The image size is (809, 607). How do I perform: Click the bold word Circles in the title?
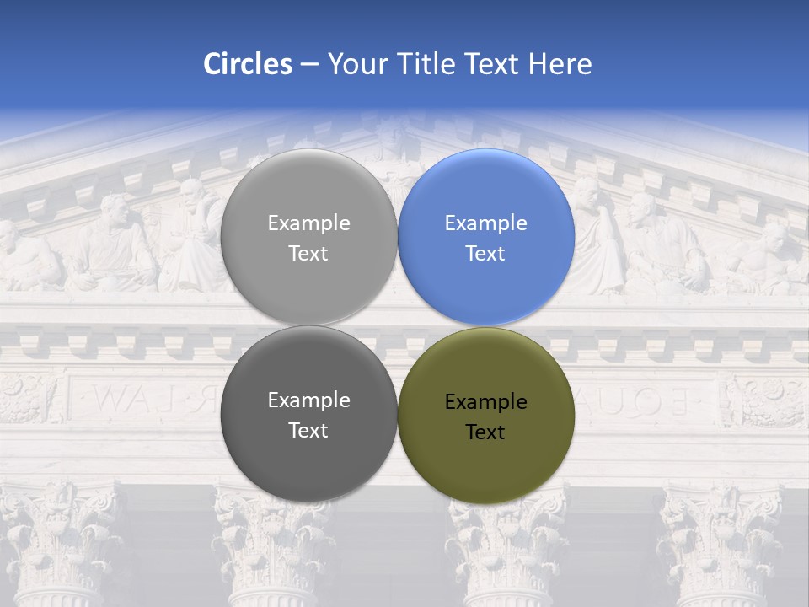247,64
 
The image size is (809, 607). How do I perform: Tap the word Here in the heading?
560,64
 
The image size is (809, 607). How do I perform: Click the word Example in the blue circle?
485,223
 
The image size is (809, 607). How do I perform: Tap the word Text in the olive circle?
485,432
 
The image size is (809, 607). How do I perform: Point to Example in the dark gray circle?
308,400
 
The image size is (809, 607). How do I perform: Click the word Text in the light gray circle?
308,254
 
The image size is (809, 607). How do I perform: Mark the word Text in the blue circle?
485,254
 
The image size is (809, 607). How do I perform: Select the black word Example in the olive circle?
485,402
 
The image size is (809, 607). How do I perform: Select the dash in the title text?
309,65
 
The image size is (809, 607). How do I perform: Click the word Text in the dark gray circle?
308,431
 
